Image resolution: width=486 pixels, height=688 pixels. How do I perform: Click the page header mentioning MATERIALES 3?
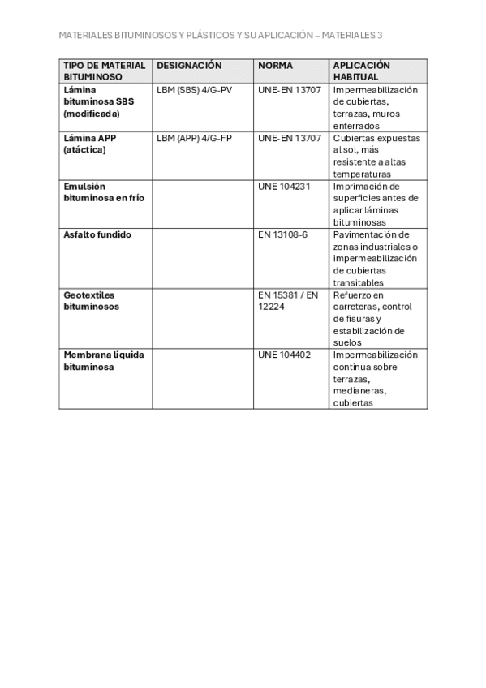pos(221,36)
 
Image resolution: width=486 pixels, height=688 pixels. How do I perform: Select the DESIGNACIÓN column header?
pos(189,65)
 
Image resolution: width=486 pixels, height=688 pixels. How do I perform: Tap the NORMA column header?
pos(275,65)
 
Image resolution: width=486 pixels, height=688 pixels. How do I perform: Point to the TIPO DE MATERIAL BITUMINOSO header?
pos(105,71)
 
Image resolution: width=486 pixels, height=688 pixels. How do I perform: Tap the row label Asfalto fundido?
pos(97,234)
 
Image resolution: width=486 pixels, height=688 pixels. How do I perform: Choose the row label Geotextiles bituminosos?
pos(92,300)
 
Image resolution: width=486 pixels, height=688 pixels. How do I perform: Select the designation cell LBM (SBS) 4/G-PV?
pos(194,90)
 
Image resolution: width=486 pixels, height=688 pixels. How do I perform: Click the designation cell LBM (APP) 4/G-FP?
pos(194,138)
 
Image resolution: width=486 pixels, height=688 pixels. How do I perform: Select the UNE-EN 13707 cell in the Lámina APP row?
pos(289,138)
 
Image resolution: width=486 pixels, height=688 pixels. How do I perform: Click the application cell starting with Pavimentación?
pos(376,258)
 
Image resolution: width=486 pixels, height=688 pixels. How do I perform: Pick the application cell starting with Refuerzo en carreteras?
pos(372,318)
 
